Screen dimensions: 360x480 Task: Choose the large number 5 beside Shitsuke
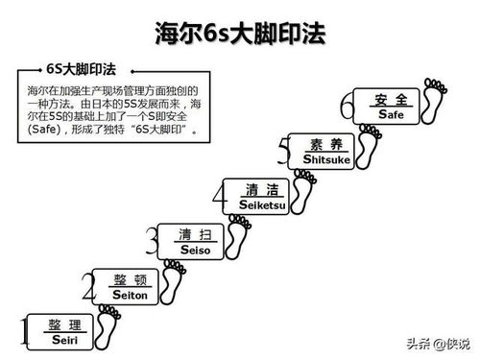pyautogui.click(x=282, y=152)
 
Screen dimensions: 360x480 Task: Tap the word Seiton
pyautogui.click(x=130, y=297)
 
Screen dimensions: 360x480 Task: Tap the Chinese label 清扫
pyautogui.click(x=195, y=235)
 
